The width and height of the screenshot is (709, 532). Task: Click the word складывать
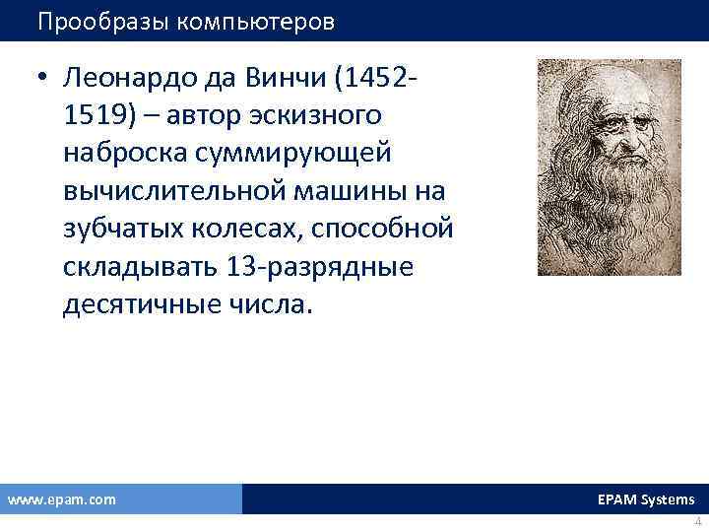[140, 267]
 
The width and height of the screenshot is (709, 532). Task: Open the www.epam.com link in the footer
[61, 499]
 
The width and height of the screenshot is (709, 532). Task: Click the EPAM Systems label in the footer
[645, 499]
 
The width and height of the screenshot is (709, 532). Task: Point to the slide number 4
[697, 522]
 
